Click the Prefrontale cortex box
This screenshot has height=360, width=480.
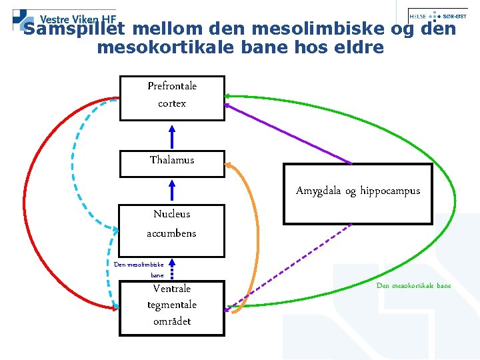click(x=172, y=98)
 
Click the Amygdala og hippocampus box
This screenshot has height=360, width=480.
click(x=357, y=193)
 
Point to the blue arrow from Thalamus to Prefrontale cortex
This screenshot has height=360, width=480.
click(x=172, y=136)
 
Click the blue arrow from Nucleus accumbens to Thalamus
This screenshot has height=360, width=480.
click(x=172, y=189)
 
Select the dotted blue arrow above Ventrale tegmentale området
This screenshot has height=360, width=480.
click(x=172, y=271)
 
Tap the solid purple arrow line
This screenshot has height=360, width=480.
click(x=287, y=133)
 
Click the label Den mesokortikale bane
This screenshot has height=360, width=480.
click(x=413, y=286)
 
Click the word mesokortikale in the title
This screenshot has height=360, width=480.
click(x=173, y=48)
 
